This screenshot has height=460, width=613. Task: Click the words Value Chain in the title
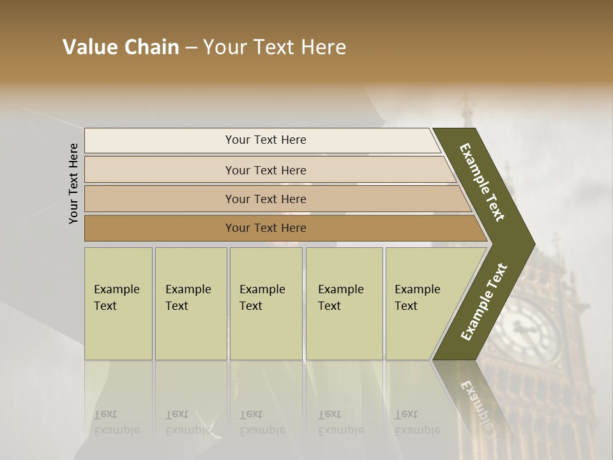(121, 47)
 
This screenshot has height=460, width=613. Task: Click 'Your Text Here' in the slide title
(275, 47)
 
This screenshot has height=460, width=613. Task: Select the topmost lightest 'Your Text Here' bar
(265, 140)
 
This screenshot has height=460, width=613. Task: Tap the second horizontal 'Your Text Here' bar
(265, 170)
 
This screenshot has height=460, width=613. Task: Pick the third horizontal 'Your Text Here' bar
(265, 199)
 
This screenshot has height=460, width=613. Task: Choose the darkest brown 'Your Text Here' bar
(265, 228)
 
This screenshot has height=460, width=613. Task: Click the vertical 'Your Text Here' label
(73, 183)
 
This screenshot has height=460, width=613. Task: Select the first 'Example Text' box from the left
(118, 303)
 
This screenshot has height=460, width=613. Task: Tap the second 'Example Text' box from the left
(190, 303)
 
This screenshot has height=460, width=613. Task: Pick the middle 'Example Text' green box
(266, 303)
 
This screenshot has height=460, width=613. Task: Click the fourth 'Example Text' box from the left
(344, 303)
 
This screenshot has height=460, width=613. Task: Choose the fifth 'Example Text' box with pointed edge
(421, 303)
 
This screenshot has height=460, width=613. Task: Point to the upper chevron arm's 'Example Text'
(482, 182)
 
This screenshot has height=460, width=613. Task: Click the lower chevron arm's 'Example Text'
(484, 302)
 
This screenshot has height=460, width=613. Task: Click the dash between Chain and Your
(191, 47)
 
